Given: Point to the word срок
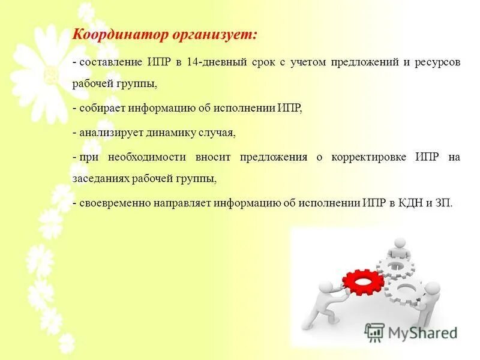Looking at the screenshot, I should pyautogui.click(x=260, y=62).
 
